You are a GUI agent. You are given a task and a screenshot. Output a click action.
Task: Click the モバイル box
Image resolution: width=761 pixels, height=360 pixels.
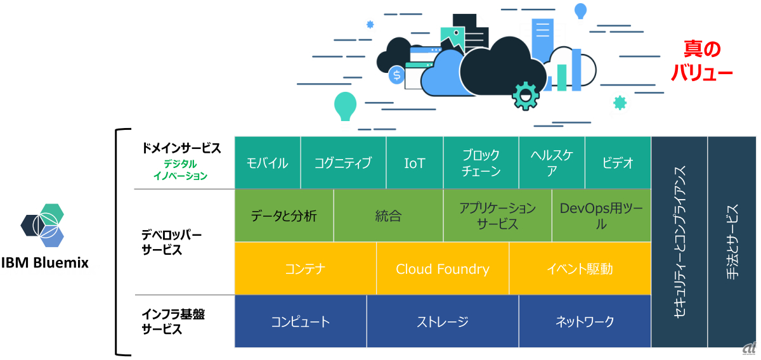[x=267, y=163]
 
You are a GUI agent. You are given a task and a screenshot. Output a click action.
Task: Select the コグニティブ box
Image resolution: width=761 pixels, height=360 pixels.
[x=342, y=163]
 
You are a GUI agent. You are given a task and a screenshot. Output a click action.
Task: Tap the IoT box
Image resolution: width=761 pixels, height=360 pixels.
[x=414, y=163]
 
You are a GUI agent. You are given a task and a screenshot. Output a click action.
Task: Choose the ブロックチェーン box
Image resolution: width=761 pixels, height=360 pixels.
[x=481, y=163]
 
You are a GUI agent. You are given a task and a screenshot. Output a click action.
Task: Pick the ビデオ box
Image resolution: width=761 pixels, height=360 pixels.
[x=618, y=163]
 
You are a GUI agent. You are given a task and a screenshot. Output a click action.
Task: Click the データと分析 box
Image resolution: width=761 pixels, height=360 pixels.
[x=283, y=215]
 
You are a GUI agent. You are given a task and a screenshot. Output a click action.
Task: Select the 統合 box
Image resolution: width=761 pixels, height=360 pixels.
[x=387, y=215]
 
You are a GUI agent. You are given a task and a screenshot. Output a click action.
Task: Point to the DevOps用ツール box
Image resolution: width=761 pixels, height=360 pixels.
[x=601, y=215]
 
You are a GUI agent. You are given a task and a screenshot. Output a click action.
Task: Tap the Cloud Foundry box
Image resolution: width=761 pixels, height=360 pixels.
[x=443, y=269]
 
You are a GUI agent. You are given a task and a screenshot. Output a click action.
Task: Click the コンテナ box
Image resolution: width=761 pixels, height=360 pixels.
[x=305, y=269]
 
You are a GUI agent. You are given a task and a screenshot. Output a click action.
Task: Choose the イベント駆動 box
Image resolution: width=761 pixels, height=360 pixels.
[x=580, y=269]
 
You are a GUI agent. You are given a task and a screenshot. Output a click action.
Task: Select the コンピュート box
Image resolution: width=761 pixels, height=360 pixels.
[x=301, y=321]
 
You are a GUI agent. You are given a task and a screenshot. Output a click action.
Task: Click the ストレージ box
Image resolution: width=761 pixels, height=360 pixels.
[x=443, y=321]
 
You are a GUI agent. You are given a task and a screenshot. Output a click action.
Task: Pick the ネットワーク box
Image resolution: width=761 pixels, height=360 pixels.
[x=585, y=321]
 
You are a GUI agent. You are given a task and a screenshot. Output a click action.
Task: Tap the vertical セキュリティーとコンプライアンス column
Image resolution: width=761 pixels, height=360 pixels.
[x=679, y=241]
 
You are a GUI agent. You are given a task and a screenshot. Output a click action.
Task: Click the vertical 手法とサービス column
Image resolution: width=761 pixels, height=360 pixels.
[x=733, y=241]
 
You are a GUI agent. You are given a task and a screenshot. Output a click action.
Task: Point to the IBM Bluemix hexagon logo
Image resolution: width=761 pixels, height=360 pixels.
[x=42, y=225]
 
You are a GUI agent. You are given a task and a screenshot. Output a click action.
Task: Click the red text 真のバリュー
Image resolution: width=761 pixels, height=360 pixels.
[x=702, y=61]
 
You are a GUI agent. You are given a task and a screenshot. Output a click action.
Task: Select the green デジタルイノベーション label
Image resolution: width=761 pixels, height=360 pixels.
[x=180, y=170]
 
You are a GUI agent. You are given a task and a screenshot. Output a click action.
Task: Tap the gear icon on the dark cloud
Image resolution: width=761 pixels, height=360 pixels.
[x=525, y=96]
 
